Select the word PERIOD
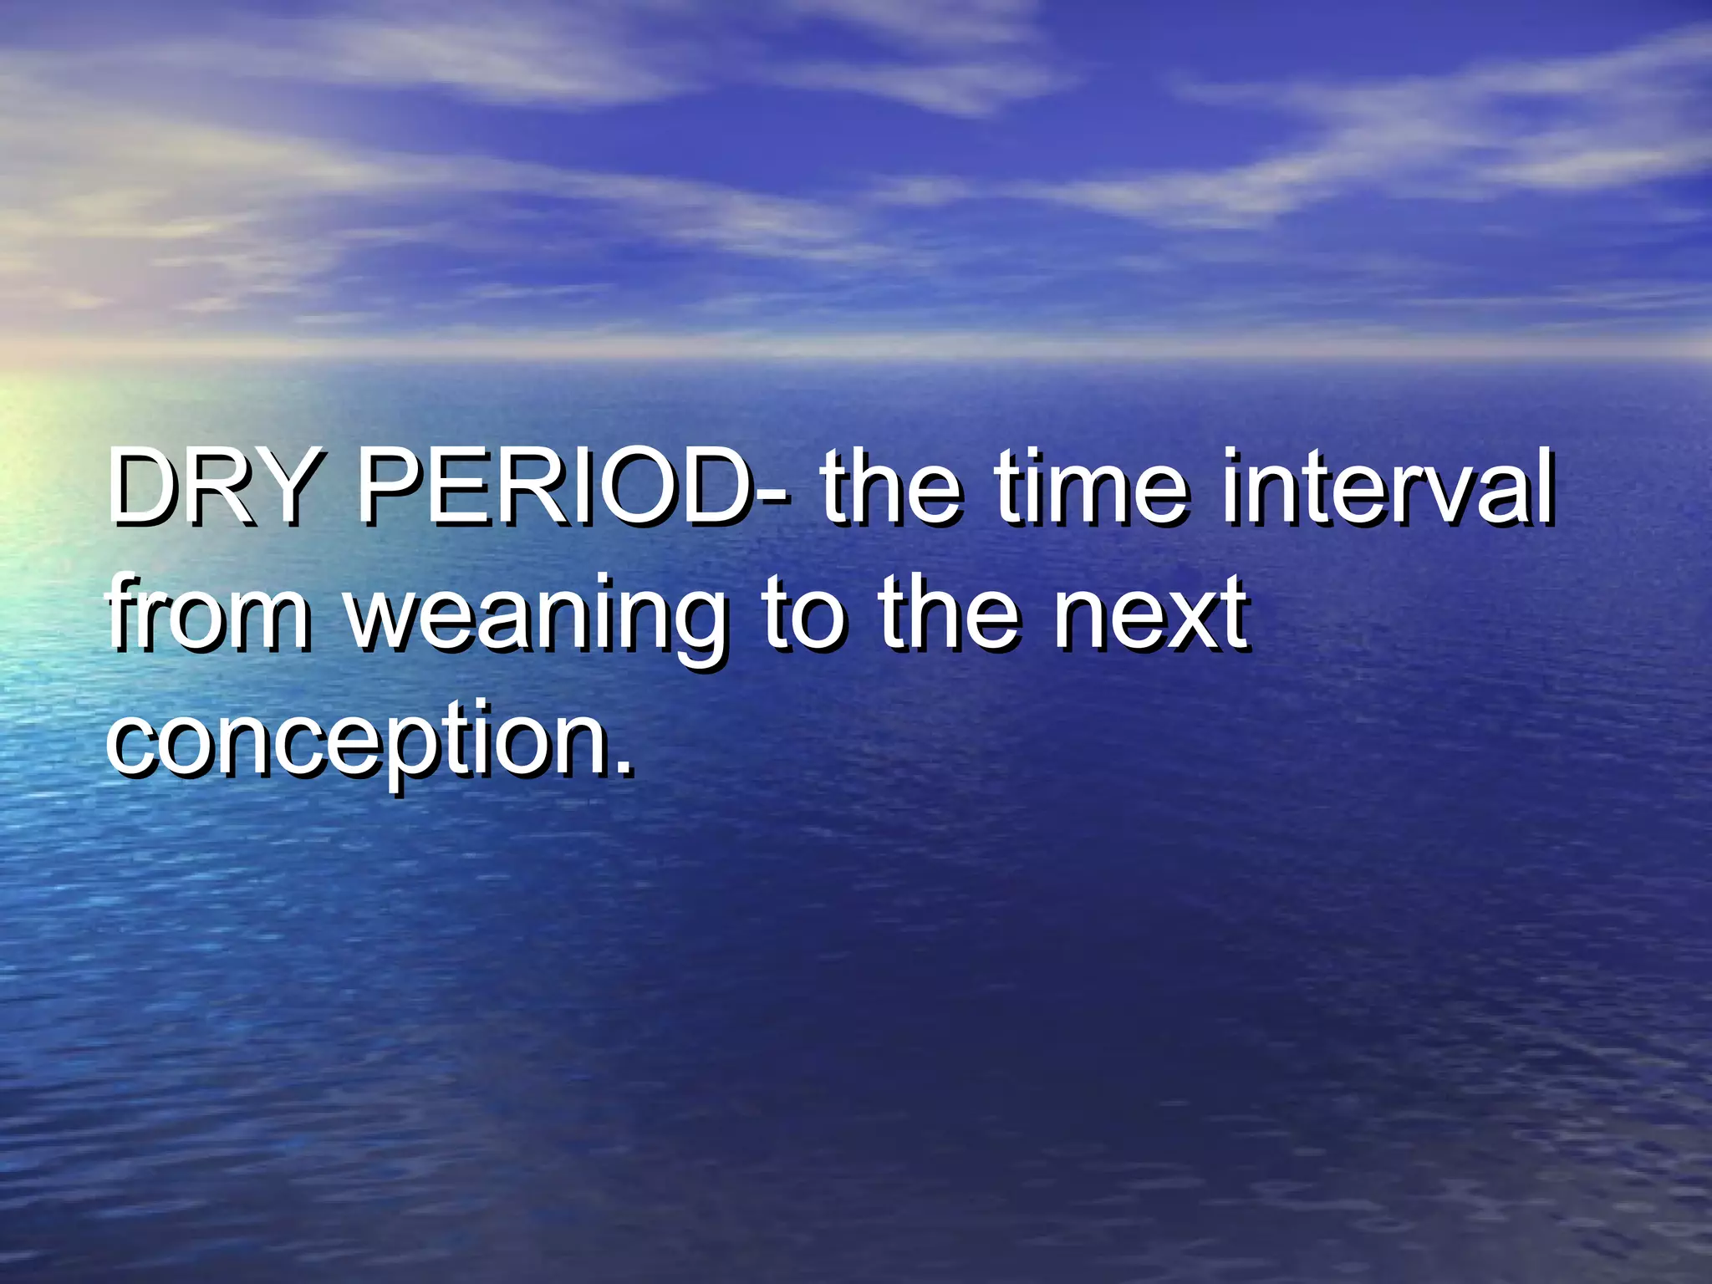[552, 487]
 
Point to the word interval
[1388, 487]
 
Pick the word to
[803, 614]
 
